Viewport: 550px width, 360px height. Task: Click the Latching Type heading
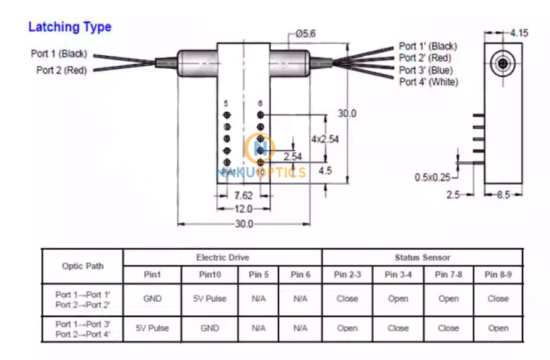(x=70, y=27)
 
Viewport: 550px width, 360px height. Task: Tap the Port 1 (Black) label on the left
(x=59, y=54)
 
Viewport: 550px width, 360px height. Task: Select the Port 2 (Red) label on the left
(x=61, y=70)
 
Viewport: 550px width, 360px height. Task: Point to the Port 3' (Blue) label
(x=425, y=70)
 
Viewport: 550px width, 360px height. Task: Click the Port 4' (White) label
(x=428, y=82)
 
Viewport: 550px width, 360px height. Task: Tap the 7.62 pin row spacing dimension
(x=244, y=196)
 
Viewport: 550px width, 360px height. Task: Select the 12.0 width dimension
(x=244, y=209)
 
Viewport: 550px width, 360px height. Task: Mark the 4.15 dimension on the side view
(x=519, y=33)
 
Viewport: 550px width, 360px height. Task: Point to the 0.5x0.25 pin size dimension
(x=432, y=177)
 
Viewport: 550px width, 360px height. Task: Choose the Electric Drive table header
(x=222, y=258)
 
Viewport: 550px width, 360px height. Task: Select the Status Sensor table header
(x=422, y=258)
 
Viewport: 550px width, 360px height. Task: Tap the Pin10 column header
(x=210, y=275)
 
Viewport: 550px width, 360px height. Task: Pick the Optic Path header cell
(x=83, y=266)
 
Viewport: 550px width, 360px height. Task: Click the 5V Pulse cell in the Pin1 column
(x=152, y=328)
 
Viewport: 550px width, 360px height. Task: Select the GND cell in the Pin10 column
(x=210, y=328)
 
